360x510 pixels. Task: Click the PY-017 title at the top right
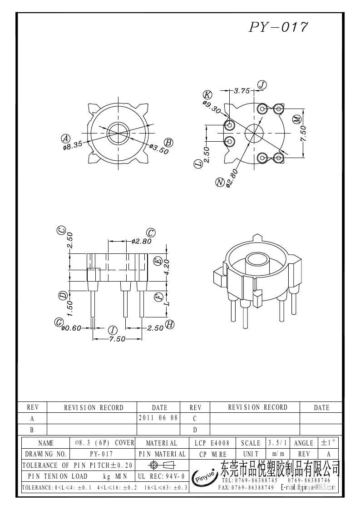[x=278, y=27]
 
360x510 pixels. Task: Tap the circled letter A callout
[x=66, y=138]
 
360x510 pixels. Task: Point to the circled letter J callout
[x=262, y=85]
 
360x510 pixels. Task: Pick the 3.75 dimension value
[x=242, y=91]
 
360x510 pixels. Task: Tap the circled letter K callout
[x=207, y=95]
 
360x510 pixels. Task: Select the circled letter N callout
[x=220, y=183]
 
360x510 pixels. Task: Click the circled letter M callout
[x=297, y=119]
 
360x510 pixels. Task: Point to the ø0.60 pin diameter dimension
[x=71, y=328]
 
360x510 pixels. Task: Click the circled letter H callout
[x=170, y=324]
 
